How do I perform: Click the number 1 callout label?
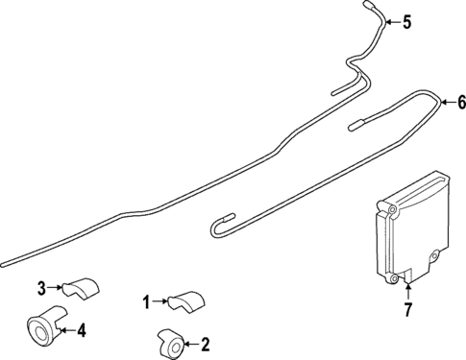[x=147, y=302]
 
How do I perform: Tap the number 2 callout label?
[x=204, y=343]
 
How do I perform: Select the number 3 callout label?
[x=41, y=286]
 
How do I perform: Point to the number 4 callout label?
[x=81, y=331]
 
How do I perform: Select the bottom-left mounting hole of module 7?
[x=393, y=278]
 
